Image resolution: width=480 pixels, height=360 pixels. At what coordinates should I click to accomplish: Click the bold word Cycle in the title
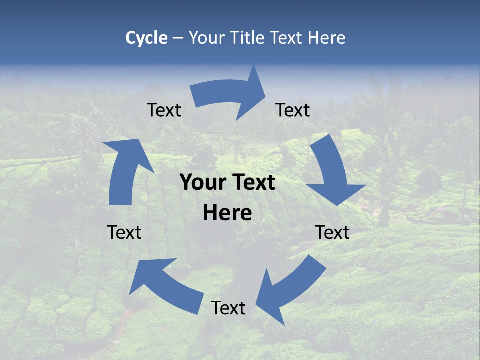(146, 38)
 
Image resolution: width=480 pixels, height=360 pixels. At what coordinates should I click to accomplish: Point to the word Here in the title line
(327, 38)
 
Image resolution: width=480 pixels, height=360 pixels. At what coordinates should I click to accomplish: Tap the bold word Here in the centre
(227, 213)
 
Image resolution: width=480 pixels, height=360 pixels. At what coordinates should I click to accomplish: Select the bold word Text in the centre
(252, 182)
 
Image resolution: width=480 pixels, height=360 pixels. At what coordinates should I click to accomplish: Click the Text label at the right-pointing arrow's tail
(164, 110)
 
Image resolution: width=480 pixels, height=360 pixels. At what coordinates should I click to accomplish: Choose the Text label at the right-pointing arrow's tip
(293, 110)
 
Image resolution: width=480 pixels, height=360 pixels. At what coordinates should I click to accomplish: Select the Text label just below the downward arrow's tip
(332, 232)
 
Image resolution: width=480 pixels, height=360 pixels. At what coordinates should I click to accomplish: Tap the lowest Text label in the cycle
(228, 308)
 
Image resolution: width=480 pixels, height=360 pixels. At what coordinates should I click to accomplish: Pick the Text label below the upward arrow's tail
(124, 232)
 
